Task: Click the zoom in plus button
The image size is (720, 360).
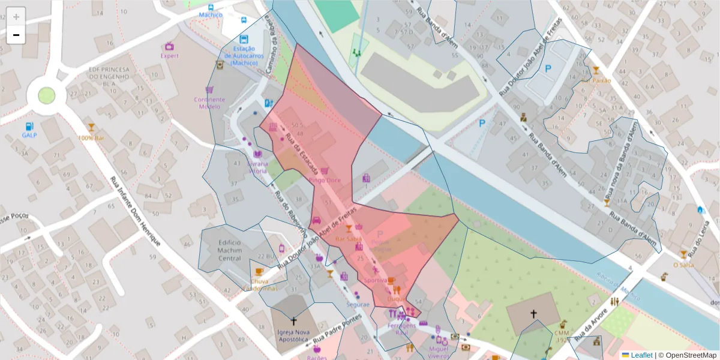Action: pyautogui.click(x=16, y=17)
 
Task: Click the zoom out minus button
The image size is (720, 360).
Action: pyautogui.click(x=16, y=35)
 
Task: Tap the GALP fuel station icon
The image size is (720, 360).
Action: pyautogui.click(x=29, y=127)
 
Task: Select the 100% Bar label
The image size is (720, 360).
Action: pyautogui.click(x=91, y=138)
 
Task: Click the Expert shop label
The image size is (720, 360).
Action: pyautogui.click(x=169, y=56)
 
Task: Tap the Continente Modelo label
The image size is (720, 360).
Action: pyautogui.click(x=209, y=103)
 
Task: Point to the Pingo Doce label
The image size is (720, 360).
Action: pyautogui.click(x=325, y=180)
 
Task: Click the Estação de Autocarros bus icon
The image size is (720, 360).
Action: pyautogui.click(x=244, y=39)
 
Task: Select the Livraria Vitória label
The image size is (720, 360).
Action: pyautogui.click(x=257, y=167)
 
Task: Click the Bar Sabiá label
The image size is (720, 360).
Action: pyautogui.click(x=348, y=239)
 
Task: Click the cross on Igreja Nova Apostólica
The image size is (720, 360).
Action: pyautogui.click(x=293, y=322)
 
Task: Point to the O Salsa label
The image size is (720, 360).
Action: pyautogui.click(x=683, y=265)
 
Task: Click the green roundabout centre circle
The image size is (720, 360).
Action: pyautogui.click(x=46, y=95)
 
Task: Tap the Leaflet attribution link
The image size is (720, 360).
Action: pyautogui.click(x=641, y=355)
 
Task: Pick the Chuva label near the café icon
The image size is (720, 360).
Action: pyautogui.click(x=260, y=281)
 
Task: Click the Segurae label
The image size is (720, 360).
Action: pyautogui.click(x=357, y=304)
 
